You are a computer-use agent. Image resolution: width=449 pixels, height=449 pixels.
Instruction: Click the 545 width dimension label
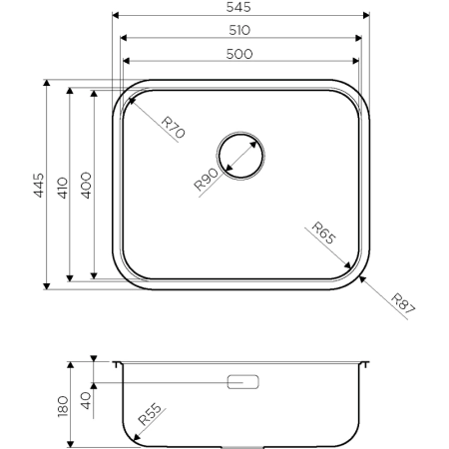pyautogui.click(x=238, y=7)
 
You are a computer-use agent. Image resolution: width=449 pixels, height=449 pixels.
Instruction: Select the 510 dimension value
pyautogui.click(x=238, y=30)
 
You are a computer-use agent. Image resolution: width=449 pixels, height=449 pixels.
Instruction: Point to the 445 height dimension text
pyautogui.click(x=37, y=185)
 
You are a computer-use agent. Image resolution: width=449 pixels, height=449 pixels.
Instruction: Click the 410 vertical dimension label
pyautogui.click(x=61, y=185)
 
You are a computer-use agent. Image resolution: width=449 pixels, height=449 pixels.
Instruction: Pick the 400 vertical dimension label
pyautogui.click(x=85, y=185)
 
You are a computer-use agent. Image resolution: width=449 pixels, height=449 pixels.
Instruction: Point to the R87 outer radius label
pyautogui.click(x=402, y=303)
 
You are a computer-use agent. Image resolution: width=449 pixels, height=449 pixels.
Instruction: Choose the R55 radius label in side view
pyautogui.click(x=152, y=416)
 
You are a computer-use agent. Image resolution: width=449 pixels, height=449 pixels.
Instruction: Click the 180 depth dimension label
pyautogui.click(x=64, y=405)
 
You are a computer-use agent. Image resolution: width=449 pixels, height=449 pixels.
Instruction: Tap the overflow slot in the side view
pyautogui.click(x=243, y=382)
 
